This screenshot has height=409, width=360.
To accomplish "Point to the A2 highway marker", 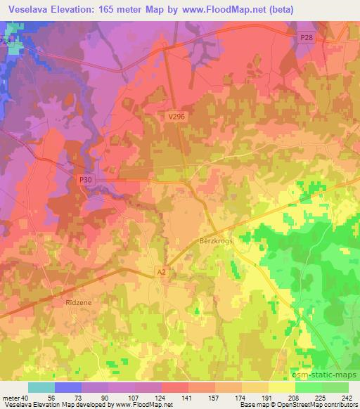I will coord(161,271).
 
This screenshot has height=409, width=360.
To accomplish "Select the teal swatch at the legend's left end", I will coord(41,387).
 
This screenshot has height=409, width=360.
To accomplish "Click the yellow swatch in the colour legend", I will coord(281,387).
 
